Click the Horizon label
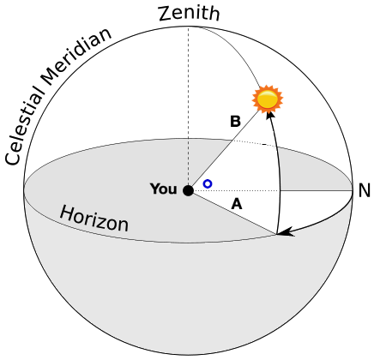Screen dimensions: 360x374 pyautogui.click(x=93, y=219)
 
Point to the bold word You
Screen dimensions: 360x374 pyautogui.click(x=163, y=189)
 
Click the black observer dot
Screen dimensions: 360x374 pyautogui.click(x=188, y=190)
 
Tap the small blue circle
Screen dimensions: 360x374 pyautogui.click(x=208, y=183)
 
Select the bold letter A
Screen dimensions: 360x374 pyautogui.click(x=237, y=204)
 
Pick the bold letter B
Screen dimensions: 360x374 pyautogui.click(x=234, y=122)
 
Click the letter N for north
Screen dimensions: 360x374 pyautogui.click(x=364, y=190)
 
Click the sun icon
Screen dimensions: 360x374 pyautogui.click(x=268, y=99)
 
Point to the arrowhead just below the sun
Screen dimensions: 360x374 pyautogui.click(x=271, y=117)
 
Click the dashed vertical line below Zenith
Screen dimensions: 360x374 pyautogui.click(x=188, y=103)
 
